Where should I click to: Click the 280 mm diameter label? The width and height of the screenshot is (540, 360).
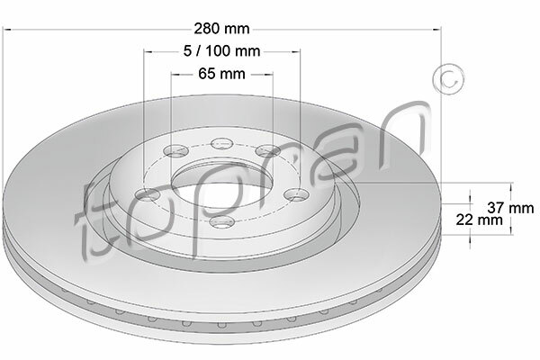[x=221, y=29]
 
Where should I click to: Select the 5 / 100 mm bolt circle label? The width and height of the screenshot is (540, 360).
[x=221, y=51]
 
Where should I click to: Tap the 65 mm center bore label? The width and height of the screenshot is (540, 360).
[x=221, y=74]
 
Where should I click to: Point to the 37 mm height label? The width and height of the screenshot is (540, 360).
[x=510, y=208]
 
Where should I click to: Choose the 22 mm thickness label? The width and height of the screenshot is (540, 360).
[x=480, y=220]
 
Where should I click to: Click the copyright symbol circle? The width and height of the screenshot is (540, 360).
[x=448, y=79]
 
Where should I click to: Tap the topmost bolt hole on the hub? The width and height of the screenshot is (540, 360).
[x=222, y=143]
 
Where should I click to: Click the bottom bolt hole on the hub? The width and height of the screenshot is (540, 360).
[x=222, y=222]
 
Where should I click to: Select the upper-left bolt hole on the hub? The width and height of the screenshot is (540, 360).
[x=176, y=150]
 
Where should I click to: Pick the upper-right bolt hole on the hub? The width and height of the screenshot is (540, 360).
[x=268, y=150]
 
